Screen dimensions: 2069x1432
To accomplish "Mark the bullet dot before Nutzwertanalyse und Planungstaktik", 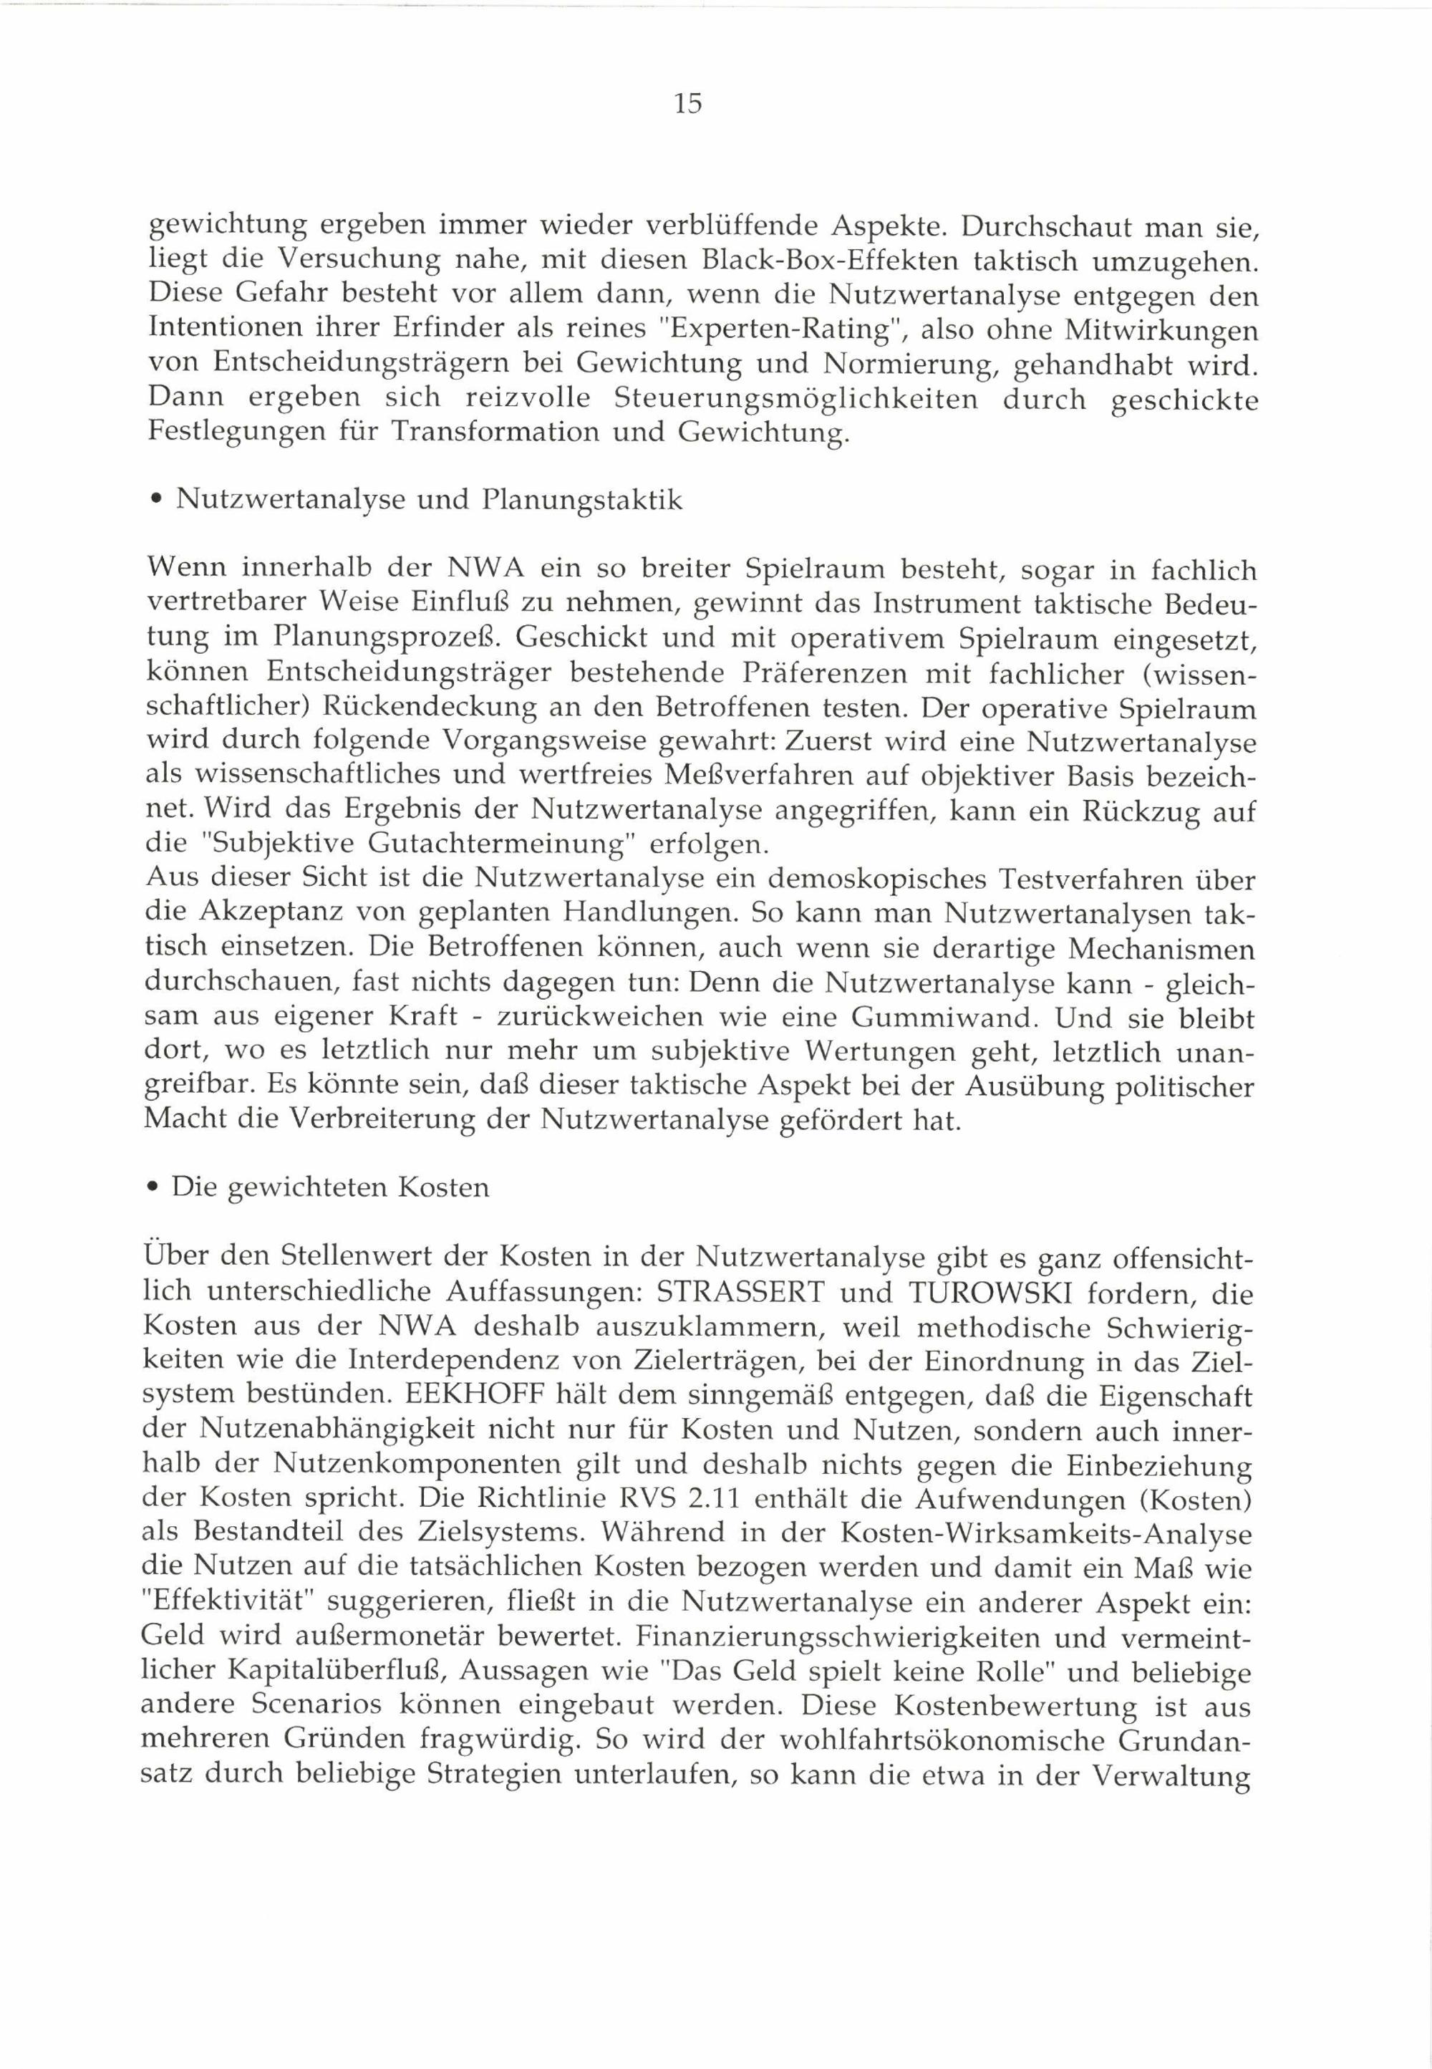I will point(156,501).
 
